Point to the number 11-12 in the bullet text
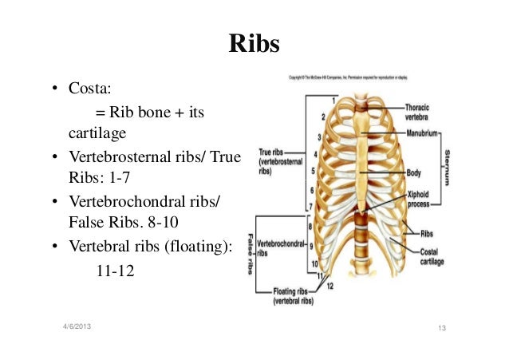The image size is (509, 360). (115, 271)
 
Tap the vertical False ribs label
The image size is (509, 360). (250, 247)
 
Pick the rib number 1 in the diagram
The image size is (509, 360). (333, 101)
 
